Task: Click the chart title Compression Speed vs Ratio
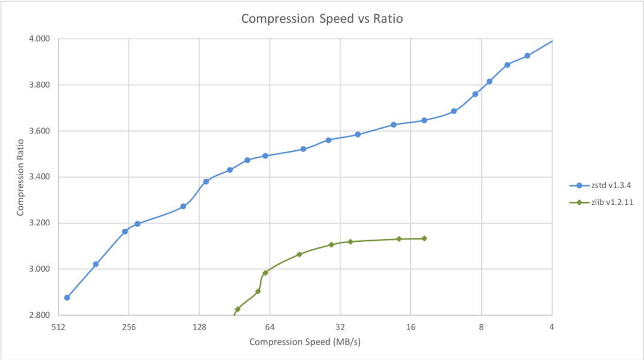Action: [x=322, y=18]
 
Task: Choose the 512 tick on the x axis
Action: [x=58, y=327]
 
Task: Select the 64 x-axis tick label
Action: [x=270, y=327]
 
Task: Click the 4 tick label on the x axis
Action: [x=552, y=327]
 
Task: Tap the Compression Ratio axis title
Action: [x=20, y=177]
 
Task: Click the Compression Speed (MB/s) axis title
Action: [x=305, y=342]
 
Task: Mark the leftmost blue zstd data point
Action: [x=67, y=297]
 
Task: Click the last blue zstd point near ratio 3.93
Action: [x=527, y=56]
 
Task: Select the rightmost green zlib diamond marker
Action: [x=424, y=238]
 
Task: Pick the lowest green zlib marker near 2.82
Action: [x=237, y=309]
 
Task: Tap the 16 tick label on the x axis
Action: [x=410, y=327]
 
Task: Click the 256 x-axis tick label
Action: [x=129, y=327]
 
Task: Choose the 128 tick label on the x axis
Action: [x=199, y=327]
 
